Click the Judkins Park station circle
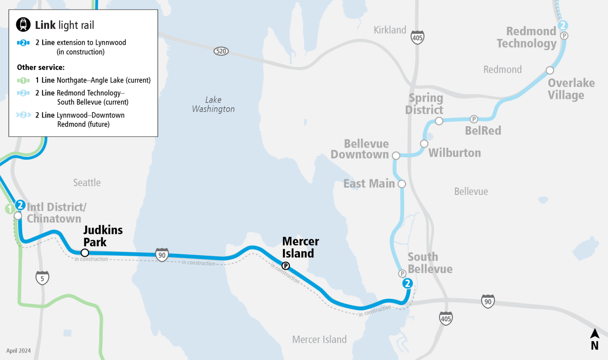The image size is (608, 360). click(x=85, y=253)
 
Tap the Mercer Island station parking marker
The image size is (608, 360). click(x=285, y=266)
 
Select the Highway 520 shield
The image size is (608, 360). click(x=221, y=51)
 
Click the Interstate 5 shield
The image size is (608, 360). click(x=42, y=278)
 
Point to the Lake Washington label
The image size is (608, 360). click(x=213, y=105)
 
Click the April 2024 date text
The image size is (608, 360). click(x=19, y=350)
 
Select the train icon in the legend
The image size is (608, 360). click(x=23, y=25)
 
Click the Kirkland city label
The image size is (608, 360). click(x=390, y=30)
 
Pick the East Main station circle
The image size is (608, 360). click(x=402, y=184)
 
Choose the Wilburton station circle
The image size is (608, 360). click(x=424, y=143)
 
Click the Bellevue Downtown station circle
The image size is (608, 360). click(x=396, y=156)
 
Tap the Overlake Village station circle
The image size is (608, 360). click(x=550, y=70)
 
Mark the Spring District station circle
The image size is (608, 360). click(x=439, y=121)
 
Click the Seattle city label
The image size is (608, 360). click(x=87, y=183)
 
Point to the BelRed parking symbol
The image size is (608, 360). click(x=474, y=119)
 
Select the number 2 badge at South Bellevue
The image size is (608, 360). click(x=407, y=284)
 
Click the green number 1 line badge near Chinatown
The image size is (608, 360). click(x=10, y=209)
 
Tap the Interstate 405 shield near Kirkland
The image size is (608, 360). click(x=417, y=38)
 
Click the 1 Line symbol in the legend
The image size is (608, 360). click(x=23, y=80)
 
